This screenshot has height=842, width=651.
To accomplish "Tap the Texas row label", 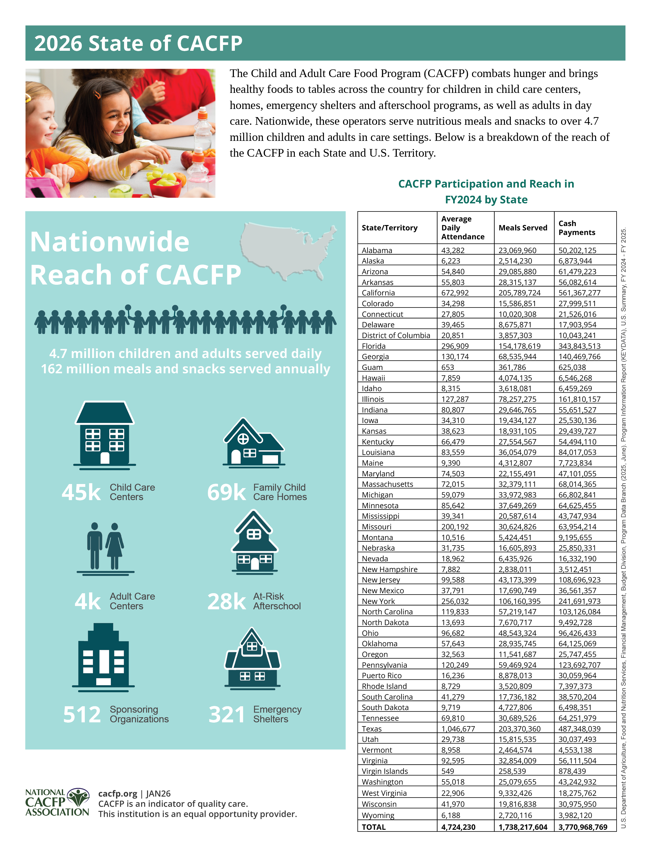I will [x=371, y=729].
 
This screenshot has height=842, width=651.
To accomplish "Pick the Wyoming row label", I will [x=378, y=815].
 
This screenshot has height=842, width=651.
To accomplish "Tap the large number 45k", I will [x=81, y=492].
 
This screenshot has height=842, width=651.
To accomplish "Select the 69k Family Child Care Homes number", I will [x=226, y=492].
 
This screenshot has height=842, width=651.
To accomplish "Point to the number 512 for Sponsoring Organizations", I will [x=82, y=714].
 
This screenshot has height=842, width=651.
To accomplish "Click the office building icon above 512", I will [x=103, y=655].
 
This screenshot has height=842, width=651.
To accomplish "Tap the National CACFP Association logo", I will [x=57, y=802].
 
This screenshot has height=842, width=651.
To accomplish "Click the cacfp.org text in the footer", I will [x=118, y=794].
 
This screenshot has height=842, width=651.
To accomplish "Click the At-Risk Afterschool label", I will [x=276, y=601].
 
